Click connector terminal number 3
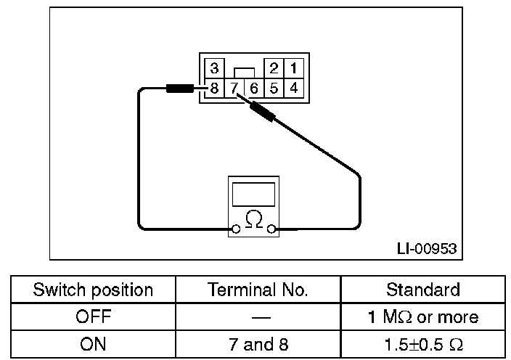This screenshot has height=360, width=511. tap(214, 69)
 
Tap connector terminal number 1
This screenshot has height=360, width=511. tap(293, 69)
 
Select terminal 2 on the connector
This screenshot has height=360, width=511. tap(274, 69)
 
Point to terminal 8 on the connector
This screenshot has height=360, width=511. tap(214, 89)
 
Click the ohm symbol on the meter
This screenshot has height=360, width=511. tap(253, 218)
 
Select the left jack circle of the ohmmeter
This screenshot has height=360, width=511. tap(234, 229)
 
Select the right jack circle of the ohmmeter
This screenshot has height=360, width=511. tap(271, 229)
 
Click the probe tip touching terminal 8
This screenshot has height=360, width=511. tap(180, 89)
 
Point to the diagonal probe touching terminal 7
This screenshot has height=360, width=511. tap(261, 112)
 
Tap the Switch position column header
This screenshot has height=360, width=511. tap(93, 290)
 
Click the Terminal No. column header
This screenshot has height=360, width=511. tap(258, 290)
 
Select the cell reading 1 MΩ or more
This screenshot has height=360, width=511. tap(422, 317)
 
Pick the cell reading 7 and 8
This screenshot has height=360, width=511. tap(258, 344)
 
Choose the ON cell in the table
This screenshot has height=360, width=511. tap(93, 344)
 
